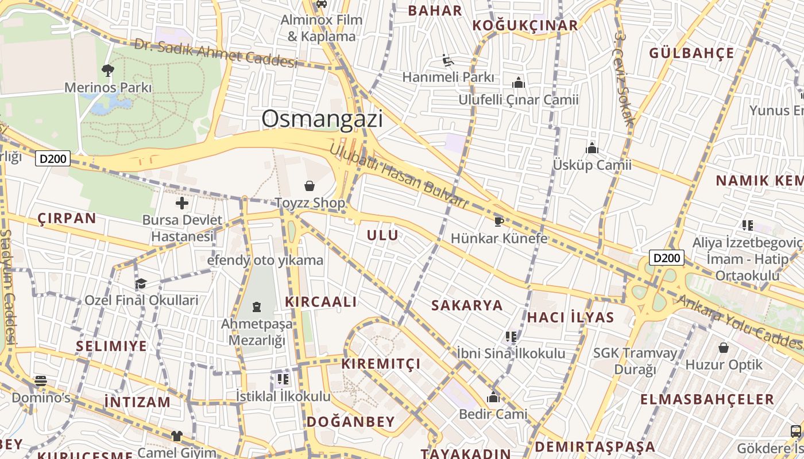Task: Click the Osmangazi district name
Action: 322,119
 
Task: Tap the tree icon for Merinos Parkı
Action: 107,71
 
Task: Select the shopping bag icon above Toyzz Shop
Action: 310,186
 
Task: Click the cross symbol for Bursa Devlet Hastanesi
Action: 182,203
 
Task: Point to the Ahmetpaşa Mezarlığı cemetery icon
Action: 256,307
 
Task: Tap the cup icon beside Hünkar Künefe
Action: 498,221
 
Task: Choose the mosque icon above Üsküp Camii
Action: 592,149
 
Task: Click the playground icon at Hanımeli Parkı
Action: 448,60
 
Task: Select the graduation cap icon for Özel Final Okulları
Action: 141,283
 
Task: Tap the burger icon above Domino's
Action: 40,380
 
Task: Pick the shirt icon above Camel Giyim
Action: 176,436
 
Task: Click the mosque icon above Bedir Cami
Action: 493,397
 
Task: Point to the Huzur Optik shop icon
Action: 724,348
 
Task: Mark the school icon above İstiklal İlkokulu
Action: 283,379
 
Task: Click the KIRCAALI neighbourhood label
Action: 321,302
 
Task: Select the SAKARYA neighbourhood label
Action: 467,305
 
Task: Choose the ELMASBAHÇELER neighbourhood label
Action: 707,399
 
